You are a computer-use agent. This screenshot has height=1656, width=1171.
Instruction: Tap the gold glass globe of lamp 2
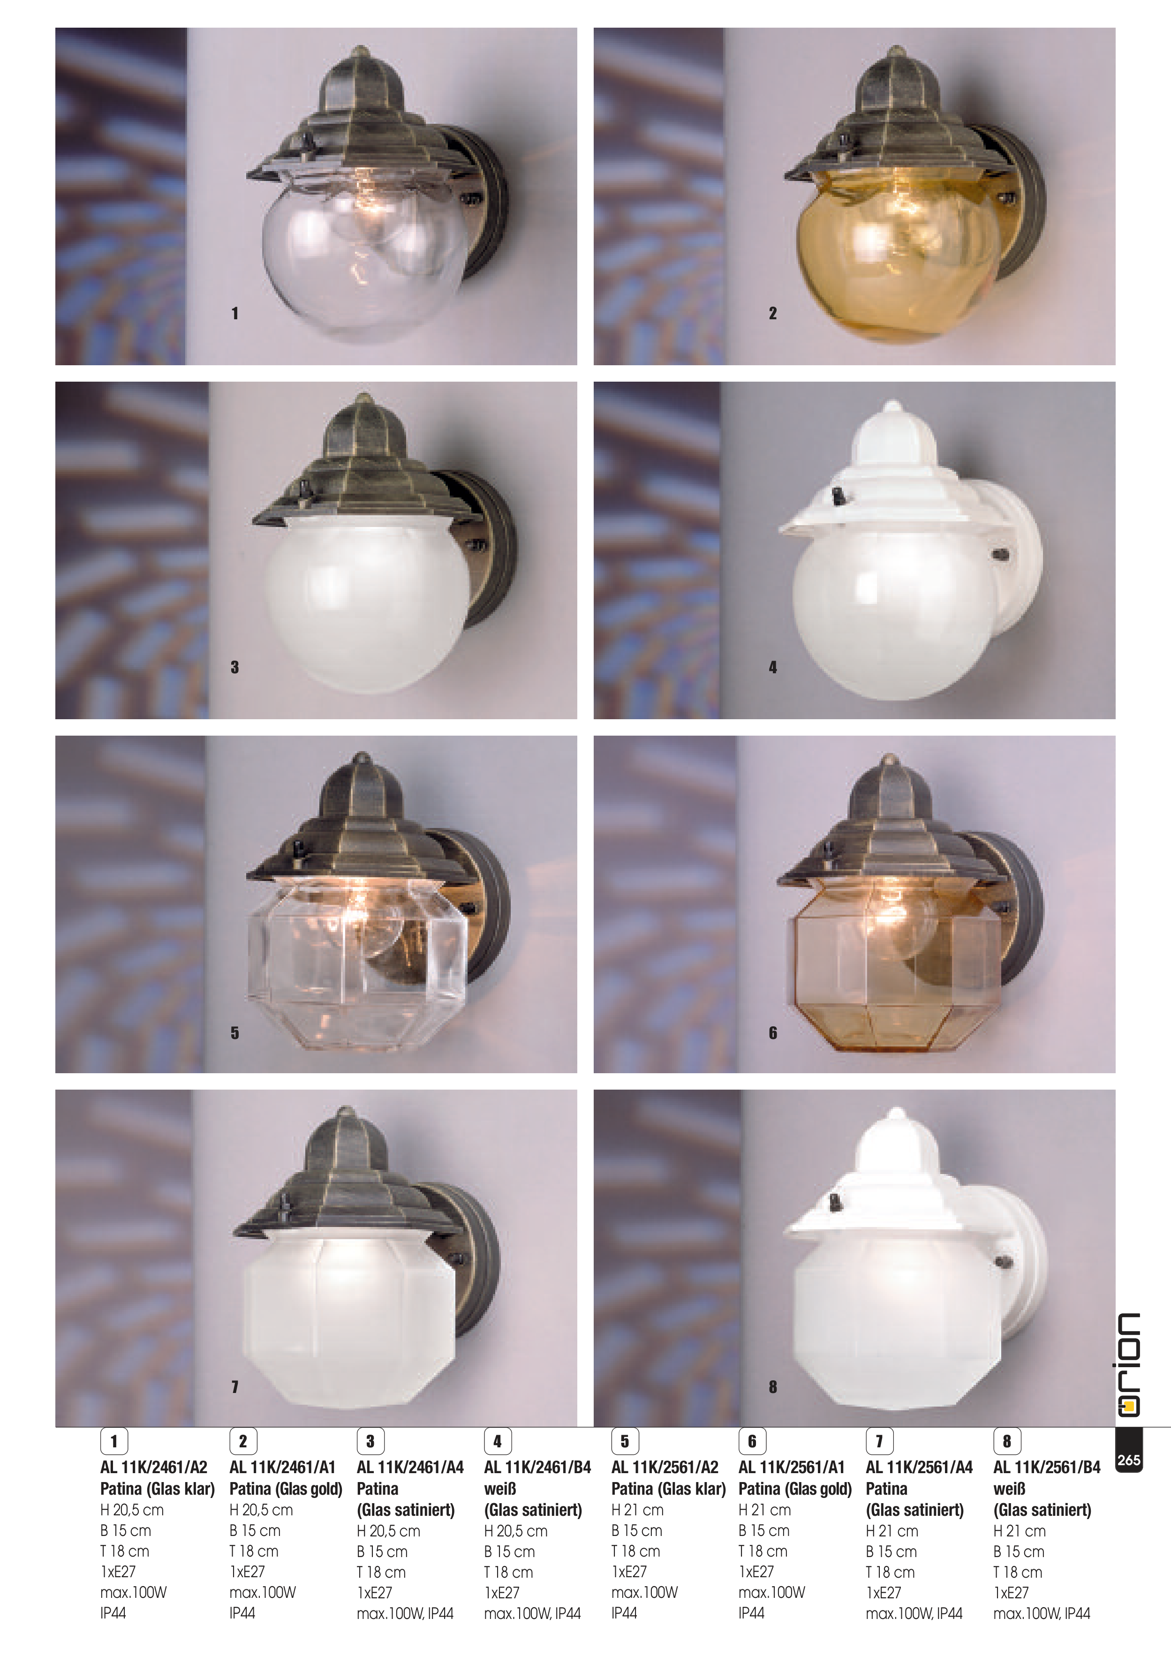coord(898,256)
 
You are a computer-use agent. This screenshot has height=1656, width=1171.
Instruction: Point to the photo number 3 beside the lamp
coord(234,667)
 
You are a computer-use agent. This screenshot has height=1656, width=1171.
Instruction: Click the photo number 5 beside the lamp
coord(234,1033)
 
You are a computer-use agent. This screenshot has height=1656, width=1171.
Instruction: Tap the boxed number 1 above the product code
coord(113,1442)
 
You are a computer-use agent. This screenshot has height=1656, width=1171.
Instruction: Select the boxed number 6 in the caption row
coord(752,1442)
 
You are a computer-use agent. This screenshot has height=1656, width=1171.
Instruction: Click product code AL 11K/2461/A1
coord(282,1467)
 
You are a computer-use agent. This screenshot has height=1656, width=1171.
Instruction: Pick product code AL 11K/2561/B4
coord(1047,1467)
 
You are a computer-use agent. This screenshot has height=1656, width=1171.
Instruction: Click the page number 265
coord(1128,1460)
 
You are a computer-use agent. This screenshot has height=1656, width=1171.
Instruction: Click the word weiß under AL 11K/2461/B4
coord(500,1489)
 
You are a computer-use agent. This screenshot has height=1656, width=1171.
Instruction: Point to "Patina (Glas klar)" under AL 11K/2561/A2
coord(668,1489)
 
